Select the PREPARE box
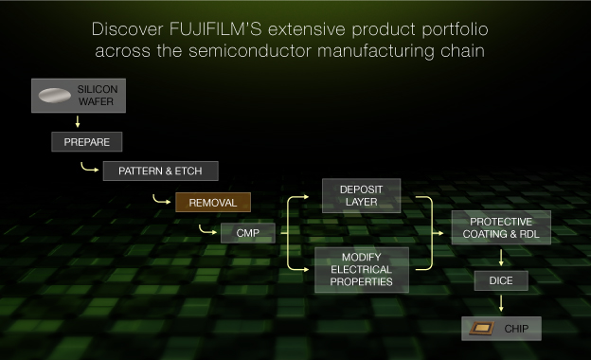tap(86, 143)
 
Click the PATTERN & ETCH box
tap(159, 171)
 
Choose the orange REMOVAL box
tap(212, 202)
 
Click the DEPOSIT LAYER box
tap(361, 195)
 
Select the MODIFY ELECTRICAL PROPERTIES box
tap(361, 270)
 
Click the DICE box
tap(500, 280)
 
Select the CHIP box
tap(501, 329)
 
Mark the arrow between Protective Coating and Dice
tap(500, 257)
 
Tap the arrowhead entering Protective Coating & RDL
tap(444, 230)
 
